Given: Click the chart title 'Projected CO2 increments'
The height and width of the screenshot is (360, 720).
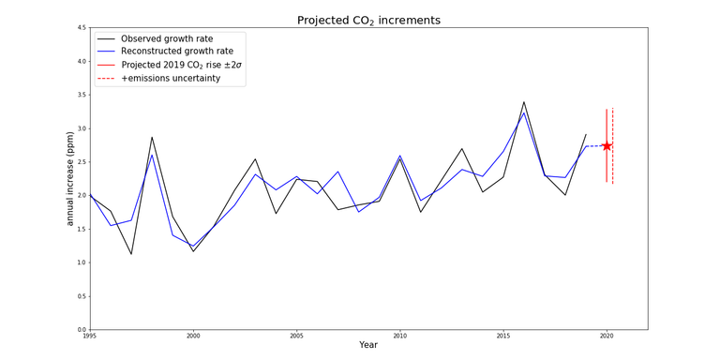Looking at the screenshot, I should click(x=367, y=20).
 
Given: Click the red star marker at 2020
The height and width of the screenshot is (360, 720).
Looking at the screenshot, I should click(x=607, y=145).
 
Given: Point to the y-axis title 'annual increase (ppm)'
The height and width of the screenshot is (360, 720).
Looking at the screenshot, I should click(x=69, y=178).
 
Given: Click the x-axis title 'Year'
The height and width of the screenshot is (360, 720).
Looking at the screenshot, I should click(x=367, y=345).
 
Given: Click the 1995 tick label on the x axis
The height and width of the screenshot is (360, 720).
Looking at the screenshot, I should click(x=90, y=335).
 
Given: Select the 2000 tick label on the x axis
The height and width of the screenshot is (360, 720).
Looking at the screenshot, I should click(x=193, y=335).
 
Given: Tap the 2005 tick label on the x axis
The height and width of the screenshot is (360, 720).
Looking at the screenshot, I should click(x=296, y=335).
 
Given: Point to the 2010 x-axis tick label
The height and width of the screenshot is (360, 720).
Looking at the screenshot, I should click(x=400, y=335).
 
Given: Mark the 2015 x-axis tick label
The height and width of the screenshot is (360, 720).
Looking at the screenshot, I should click(x=503, y=335).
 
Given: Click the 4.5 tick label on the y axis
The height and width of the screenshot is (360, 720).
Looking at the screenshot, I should click(x=81, y=28).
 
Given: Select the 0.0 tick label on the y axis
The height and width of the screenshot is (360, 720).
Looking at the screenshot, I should click(x=81, y=329).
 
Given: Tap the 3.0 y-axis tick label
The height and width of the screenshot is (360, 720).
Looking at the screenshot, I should click(x=81, y=128).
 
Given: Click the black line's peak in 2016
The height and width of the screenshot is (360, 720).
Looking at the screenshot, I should click(x=524, y=102).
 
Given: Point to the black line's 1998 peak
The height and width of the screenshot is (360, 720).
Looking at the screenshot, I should click(x=152, y=137).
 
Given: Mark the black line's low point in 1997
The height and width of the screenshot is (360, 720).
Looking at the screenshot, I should click(x=131, y=254).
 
